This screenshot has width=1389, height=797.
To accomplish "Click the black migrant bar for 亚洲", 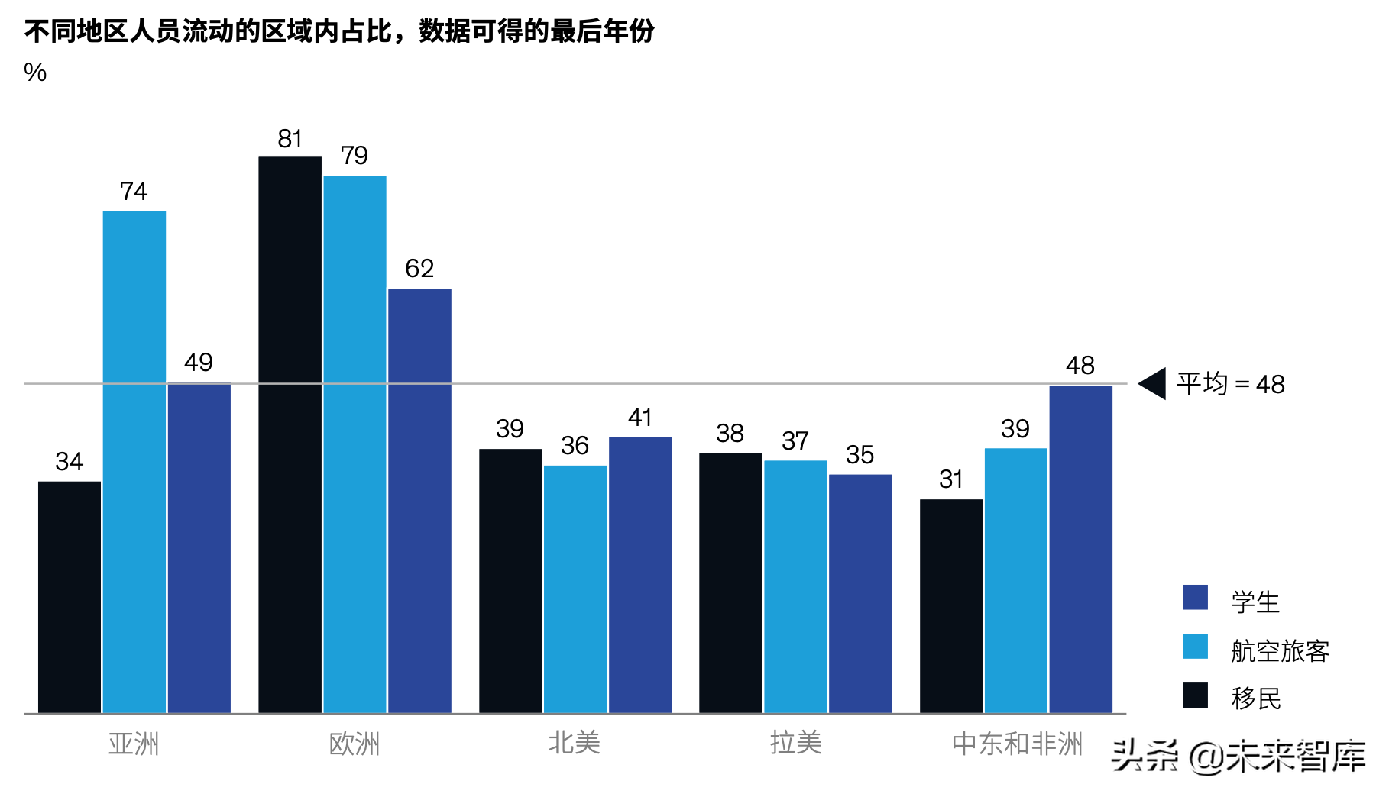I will [70, 597].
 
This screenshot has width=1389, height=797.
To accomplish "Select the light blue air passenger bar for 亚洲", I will [134, 462].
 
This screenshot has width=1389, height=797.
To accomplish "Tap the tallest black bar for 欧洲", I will [290, 435].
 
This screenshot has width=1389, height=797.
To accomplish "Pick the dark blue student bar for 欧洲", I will [419, 501].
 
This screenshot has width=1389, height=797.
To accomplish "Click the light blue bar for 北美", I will [575, 589].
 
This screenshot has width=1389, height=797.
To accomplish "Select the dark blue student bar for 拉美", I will [860, 594].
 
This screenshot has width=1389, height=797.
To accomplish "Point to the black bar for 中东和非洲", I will [951, 606].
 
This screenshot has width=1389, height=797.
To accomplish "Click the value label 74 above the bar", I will [134, 191].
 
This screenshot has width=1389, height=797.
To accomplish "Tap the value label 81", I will [290, 139].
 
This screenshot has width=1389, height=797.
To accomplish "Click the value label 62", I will [419, 269].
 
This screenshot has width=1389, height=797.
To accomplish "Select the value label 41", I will [640, 418].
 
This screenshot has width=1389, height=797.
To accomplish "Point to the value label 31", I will [951, 479].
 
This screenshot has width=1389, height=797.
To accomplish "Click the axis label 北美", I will [575, 743].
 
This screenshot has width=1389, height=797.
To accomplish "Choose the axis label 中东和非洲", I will [1017, 743].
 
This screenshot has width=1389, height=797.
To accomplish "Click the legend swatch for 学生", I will [1195, 598].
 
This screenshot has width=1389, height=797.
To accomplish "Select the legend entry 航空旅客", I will [1280, 651].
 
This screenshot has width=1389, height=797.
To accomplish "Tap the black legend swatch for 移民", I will [1195, 695].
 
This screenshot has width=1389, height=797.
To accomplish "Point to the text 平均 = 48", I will [1230, 384].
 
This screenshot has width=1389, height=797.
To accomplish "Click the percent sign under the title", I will [35, 73].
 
